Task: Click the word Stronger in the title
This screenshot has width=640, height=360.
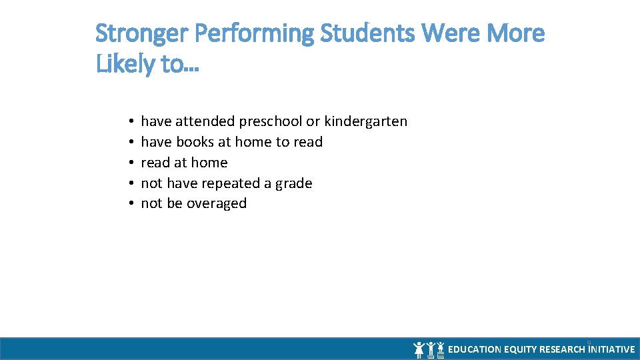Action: click(x=135, y=33)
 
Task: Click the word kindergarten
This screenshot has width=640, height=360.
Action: click(x=365, y=121)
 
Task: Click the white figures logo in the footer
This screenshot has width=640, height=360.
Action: click(x=429, y=349)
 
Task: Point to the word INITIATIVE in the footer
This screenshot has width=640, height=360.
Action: click(x=612, y=349)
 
